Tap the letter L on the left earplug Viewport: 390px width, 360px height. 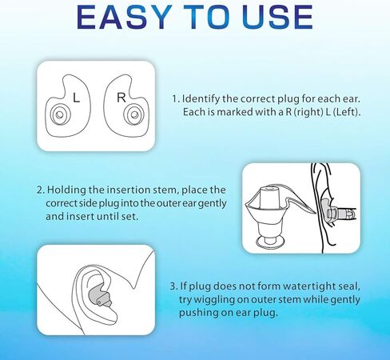point(76,97)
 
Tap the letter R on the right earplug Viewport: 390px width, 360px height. point(121,97)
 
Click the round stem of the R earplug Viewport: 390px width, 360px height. point(135,117)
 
